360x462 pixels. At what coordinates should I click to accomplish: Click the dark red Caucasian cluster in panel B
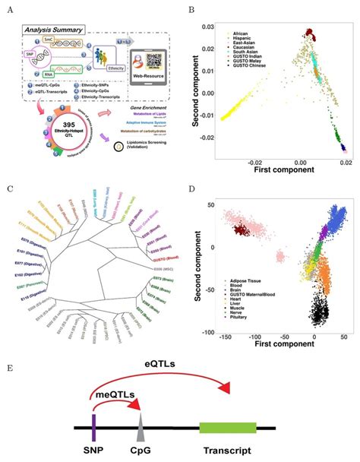(x=309, y=34)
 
